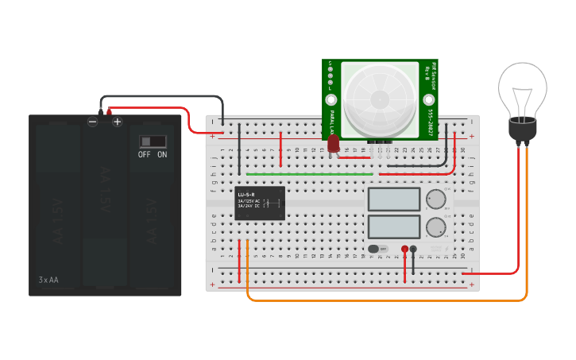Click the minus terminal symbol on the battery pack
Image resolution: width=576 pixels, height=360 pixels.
coord(93,122)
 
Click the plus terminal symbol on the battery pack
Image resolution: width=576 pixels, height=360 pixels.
coord(117,122)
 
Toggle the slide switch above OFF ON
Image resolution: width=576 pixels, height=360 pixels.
coord(153,141)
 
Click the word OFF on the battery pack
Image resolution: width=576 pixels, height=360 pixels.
coord(144,154)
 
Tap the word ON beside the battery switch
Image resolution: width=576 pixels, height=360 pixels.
coord(162,154)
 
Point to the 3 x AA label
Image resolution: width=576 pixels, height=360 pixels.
coord(48,280)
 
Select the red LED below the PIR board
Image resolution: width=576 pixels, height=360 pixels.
coord(334,144)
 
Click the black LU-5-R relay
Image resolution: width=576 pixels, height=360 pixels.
coord(260,203)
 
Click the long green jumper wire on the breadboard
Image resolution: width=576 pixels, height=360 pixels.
coord(310,173)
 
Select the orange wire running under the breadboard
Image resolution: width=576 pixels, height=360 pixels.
coord(381,300)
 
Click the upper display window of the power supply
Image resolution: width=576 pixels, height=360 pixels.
coord(394,199)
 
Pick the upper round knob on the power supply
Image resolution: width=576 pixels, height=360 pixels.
coord(435,199)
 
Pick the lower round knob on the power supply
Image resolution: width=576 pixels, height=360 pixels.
coord(435,227)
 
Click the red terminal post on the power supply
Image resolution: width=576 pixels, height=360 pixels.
coord(404,250)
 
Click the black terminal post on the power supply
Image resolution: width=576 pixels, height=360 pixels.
coord(413,250)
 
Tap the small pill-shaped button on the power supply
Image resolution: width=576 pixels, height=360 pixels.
coord(377,249)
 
